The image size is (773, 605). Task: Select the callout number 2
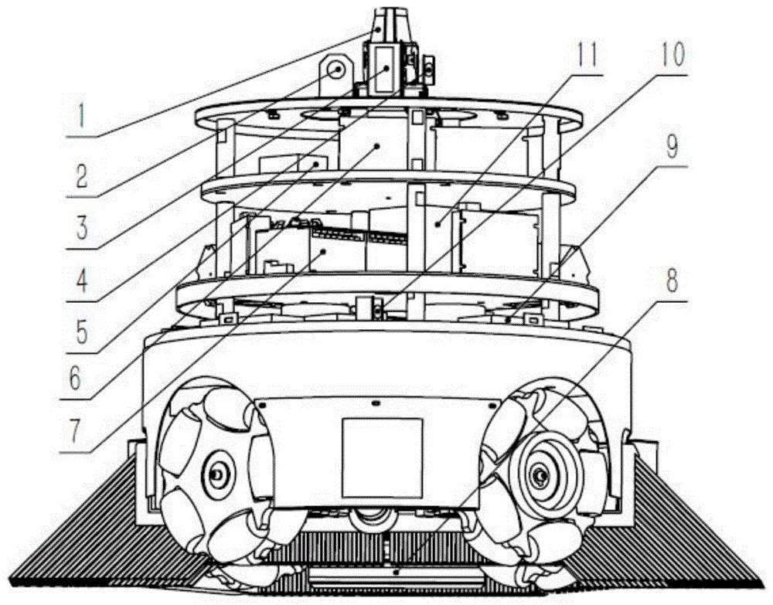coord(81,174)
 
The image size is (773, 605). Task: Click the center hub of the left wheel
coord(216,475)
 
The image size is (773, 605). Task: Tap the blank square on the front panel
coord(382,458)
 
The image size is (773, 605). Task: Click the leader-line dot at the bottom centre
coord(397,573)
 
